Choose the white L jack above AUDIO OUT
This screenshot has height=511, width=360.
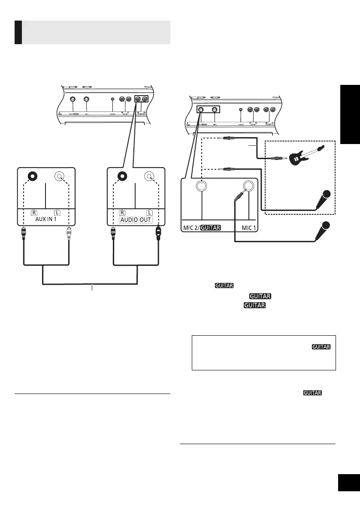149,176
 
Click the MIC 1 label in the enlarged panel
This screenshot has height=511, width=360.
249,228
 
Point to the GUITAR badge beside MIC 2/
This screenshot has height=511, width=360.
210,228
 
